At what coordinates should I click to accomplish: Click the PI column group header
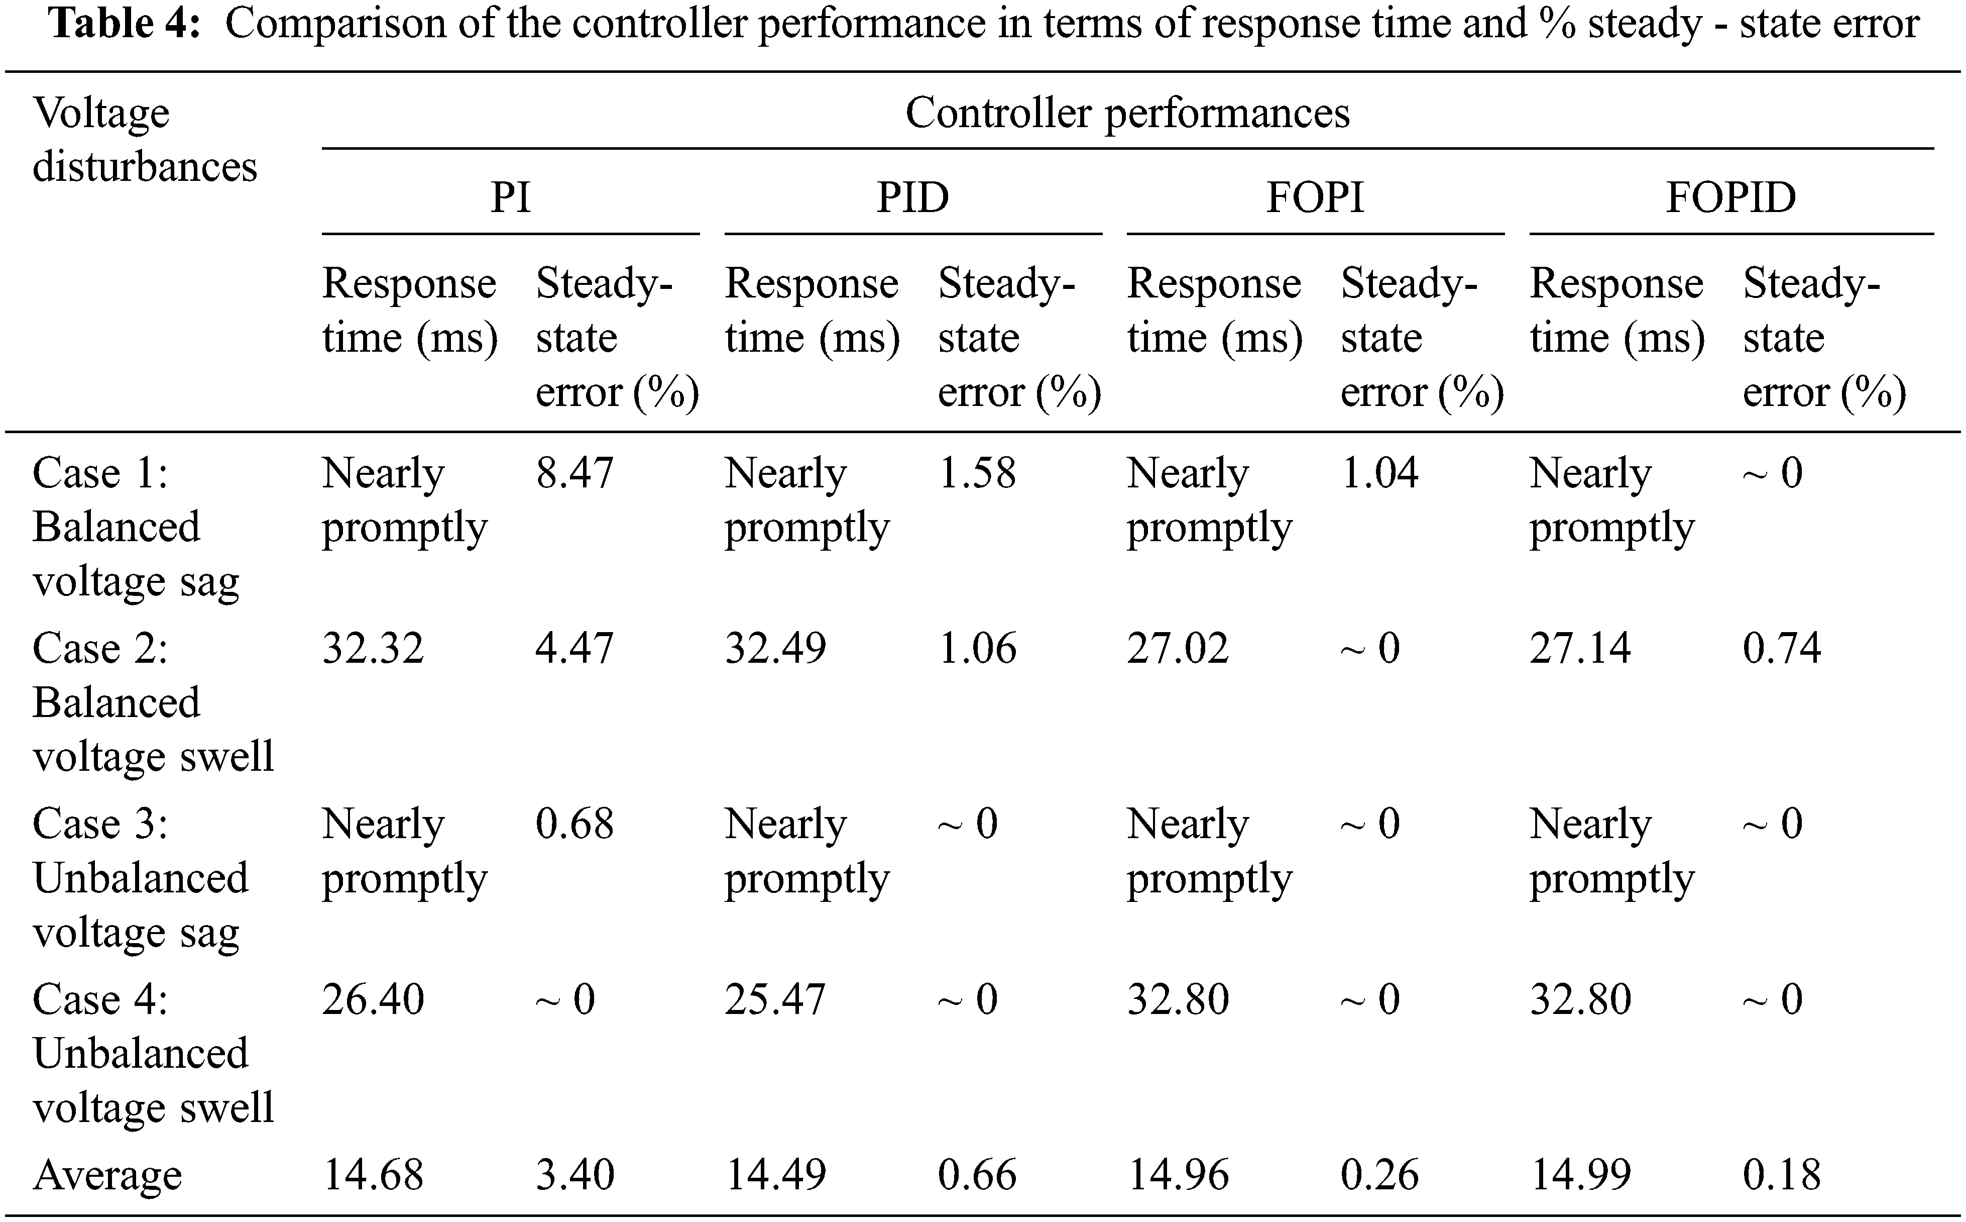click(x=511, y=197)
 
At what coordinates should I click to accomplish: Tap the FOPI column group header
click(x=1315, y=197)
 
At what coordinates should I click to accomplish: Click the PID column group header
click(x=913, y=197)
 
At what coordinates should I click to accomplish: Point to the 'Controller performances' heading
click(x=1127, y=113)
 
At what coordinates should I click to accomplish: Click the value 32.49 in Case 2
click(x=775, y=648)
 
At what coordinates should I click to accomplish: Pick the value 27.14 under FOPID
click(x=1580, y=648)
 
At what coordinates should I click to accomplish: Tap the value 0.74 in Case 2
click(x=1782, y=648)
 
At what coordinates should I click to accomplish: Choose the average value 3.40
click(x=574, y=1175)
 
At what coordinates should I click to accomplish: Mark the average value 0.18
click(x=1782, y=1175)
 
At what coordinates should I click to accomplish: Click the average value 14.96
click(x=1178, y=1175)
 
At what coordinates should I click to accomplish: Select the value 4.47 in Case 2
click(x=574, y=648)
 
